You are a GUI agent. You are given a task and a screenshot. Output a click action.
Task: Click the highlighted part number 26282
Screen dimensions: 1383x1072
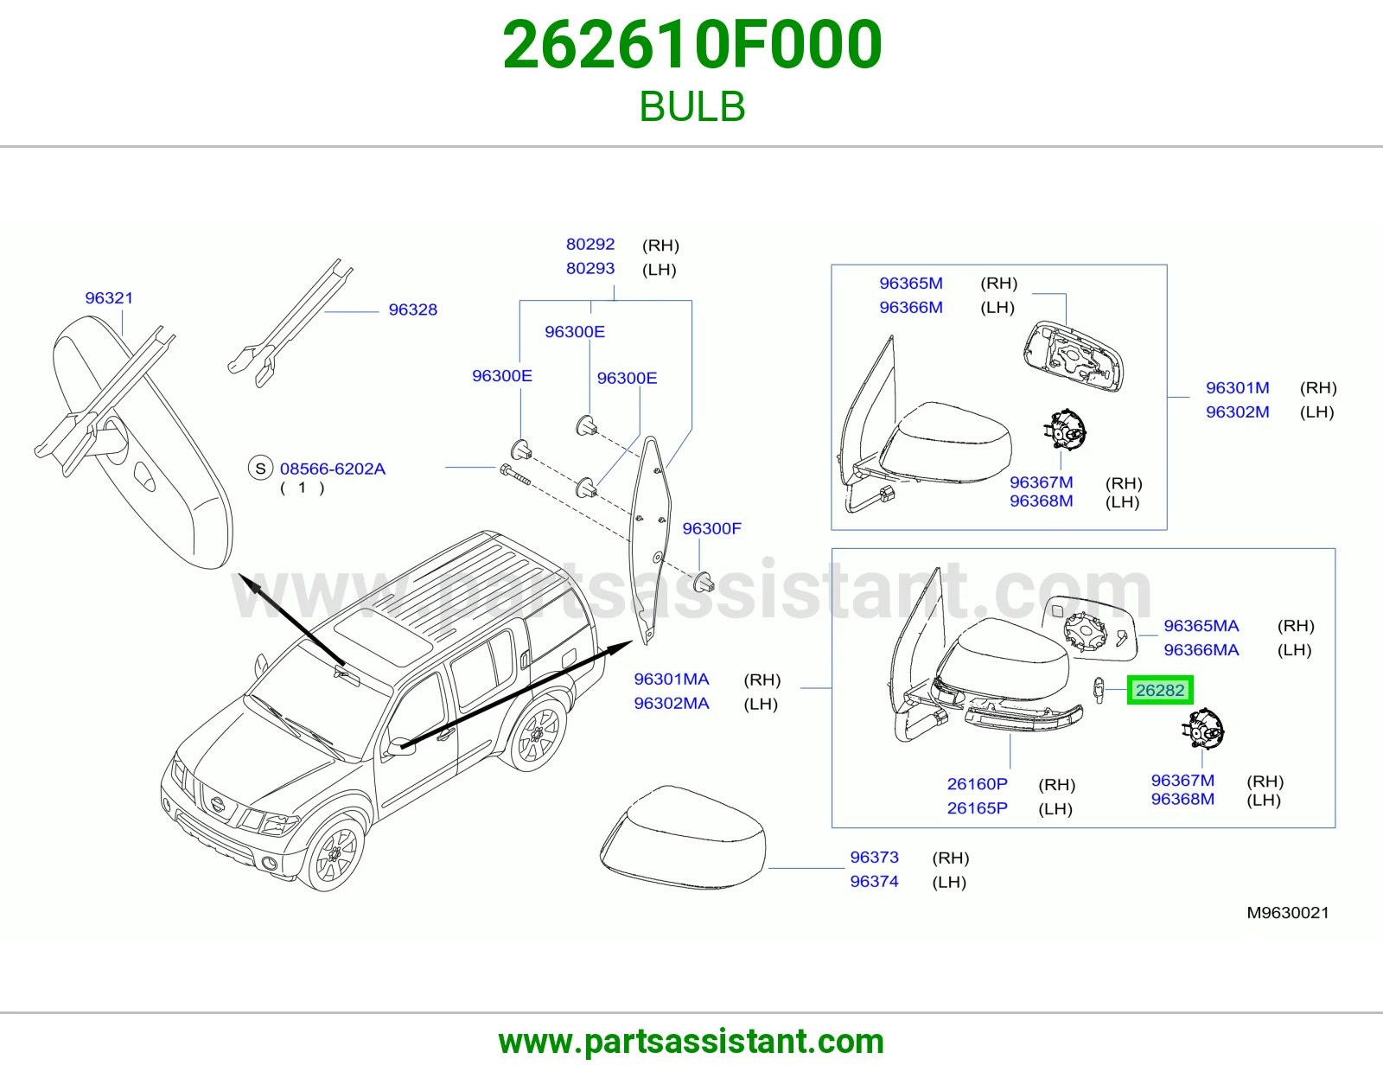click(1160, 690)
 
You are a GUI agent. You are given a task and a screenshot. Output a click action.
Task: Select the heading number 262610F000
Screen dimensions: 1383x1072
click(691, 45)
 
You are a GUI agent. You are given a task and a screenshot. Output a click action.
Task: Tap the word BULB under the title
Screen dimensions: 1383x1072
click(691, 105)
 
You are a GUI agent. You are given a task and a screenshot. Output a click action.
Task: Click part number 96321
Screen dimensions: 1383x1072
click(109, 297)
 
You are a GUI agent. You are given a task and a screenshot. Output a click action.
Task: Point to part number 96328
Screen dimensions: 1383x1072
click(412, 309)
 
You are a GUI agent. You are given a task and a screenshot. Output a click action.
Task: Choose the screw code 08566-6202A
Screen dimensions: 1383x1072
click(332, 469)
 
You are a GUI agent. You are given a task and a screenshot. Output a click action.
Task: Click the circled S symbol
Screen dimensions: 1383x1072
click(260, 469)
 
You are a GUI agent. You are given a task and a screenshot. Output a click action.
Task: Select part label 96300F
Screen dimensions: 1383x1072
click(711, 528)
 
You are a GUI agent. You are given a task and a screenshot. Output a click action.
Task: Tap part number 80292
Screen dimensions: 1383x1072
click(590, 244)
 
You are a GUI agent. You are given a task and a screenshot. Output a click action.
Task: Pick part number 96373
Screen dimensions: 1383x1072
click(874, 857)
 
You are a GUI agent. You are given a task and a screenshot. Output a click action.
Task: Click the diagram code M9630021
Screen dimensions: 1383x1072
click(1288, 913)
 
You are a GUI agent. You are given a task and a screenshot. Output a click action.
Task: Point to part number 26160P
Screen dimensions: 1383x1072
click(977, 783)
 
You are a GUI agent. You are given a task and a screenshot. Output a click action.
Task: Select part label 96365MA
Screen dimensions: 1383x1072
click(1201, 626)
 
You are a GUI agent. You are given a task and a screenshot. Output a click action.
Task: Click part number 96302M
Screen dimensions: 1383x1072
click(1237, 412)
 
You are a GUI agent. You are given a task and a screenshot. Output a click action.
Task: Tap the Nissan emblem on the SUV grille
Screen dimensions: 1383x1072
click(218, 804)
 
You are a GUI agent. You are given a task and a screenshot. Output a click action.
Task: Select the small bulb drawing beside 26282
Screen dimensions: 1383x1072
click(1099, 691)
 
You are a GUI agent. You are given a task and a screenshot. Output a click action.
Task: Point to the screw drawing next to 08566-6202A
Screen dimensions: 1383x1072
click(515, 475)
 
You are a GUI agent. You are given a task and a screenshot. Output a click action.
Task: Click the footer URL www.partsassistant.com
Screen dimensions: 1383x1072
click(691, 1042)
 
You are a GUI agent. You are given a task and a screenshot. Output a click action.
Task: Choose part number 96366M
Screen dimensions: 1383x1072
click(911, 308)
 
